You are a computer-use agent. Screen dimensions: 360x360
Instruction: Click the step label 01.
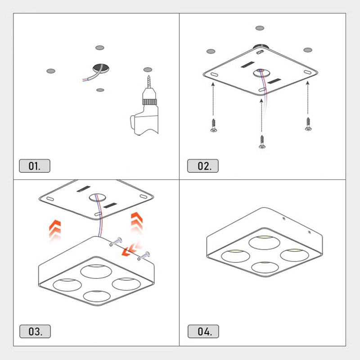coord(35,166)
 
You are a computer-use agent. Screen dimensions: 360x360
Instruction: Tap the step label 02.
coord(203,166)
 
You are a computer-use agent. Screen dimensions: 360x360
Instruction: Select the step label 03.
coord(35,331)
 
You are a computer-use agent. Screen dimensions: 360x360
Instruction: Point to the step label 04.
coord(203,331)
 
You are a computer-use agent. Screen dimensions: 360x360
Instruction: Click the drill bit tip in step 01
coord(149,76)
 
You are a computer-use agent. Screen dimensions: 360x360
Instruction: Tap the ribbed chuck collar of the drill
coord(149,102)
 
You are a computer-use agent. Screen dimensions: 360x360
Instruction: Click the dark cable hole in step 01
coord(101,68)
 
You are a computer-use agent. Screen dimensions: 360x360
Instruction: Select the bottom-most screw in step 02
coord(262,142)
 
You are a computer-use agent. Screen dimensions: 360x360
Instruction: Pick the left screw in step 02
coord(214,126)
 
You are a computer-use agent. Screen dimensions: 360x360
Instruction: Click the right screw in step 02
coord(308,124)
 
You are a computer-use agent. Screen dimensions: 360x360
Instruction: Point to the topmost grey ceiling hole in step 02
coord(260,28)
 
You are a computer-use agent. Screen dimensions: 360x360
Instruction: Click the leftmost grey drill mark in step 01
coord(51,71)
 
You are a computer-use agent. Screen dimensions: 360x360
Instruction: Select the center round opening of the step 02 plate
coord(261,73)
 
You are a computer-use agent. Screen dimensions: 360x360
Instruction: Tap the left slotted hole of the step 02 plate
coord(214,74)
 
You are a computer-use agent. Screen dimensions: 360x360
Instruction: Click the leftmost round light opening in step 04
coord(235,256)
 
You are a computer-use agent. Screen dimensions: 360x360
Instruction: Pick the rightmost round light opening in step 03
coord(126,284)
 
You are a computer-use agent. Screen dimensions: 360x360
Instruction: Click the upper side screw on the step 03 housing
coord(117,241)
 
